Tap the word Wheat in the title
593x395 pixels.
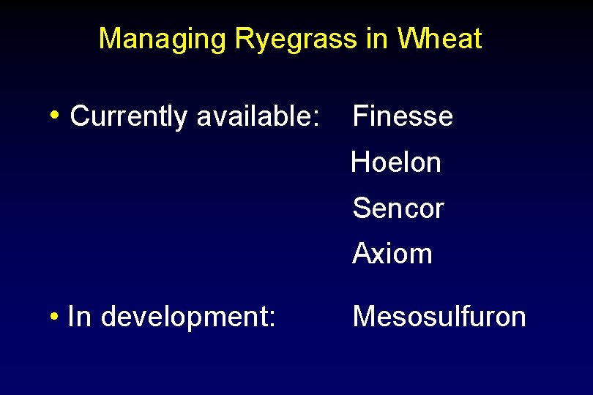441,39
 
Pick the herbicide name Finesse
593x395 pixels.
403,116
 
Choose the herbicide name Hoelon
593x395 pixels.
396,162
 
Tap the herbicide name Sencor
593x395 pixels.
398,208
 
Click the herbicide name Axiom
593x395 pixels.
392,254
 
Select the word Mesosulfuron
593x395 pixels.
439,317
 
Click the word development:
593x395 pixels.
188,317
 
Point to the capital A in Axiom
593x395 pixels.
361,254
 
